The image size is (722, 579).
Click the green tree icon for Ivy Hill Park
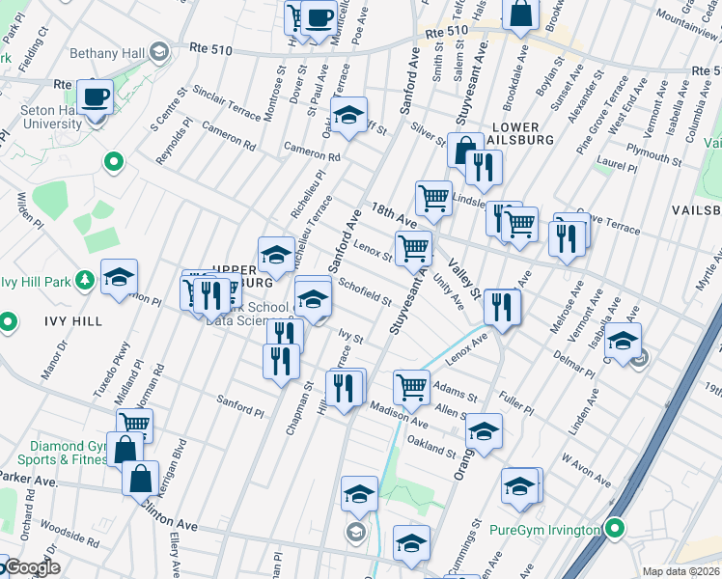(86, 281)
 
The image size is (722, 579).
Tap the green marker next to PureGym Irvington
(613, 529)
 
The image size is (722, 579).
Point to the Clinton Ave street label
(171, 522)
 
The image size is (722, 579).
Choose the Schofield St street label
(364, 290)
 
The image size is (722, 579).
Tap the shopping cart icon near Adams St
(412, 386)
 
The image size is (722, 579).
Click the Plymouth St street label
(652, 154)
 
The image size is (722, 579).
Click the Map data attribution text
(680, 571)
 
